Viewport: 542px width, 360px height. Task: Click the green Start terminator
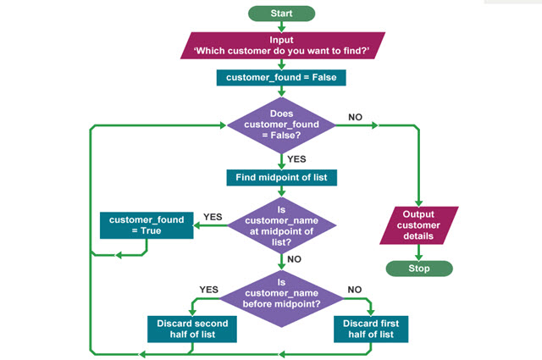tap(281, 14)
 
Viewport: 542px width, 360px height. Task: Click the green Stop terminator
tap(418, 269)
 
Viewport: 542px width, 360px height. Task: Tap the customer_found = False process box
tap(281, 78)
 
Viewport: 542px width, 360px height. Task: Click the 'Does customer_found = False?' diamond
tap(281, 125)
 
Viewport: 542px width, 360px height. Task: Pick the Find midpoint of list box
tap(281, 178)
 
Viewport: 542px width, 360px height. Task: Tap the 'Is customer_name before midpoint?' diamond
tap(281, 293)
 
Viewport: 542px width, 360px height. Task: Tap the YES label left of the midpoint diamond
tap(213, 217)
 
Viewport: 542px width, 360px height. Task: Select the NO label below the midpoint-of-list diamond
tap(296, 260)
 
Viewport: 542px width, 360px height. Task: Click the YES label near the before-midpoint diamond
tap(208, 289)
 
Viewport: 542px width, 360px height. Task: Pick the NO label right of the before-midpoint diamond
tap(354, 289)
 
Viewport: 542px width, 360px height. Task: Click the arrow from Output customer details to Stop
tap(418, 252)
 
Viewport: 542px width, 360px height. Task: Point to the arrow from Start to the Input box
tap(281, 27)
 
